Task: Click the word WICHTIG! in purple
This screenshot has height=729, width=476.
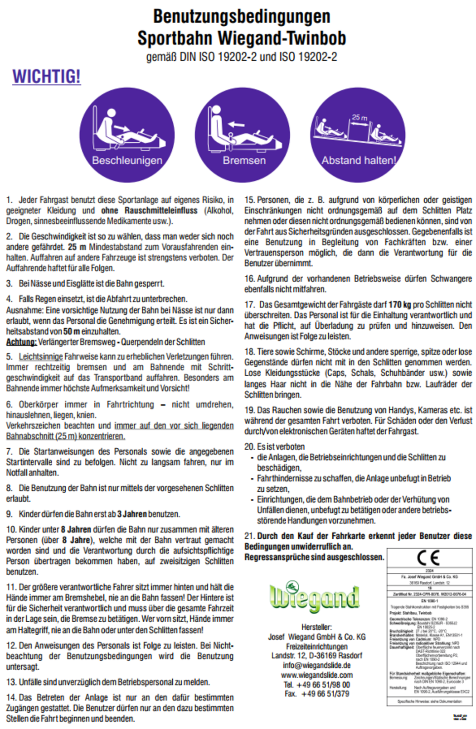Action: tap(46, 77)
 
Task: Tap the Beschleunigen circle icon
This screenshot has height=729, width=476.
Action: tap(127, 135)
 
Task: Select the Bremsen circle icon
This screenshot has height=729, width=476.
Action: tap(243, 135)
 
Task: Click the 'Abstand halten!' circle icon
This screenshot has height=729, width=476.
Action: tap(358, 135)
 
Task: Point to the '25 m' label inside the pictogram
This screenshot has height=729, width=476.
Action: tap(359, 118)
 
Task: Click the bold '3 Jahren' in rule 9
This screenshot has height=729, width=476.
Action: tap(132, 514)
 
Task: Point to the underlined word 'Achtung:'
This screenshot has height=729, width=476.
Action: tap(21, 342)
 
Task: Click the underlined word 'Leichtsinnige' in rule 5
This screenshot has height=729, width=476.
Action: tap(41, 357)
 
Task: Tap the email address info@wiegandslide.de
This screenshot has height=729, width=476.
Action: tap(316, 665)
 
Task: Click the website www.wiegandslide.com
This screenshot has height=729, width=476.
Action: tap(316, 675)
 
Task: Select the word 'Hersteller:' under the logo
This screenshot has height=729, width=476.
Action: tap(316, 627)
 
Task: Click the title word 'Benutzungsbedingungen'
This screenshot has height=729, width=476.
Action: tap(242, 17)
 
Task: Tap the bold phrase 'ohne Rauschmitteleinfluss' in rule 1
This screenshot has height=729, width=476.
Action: tap(149, 211)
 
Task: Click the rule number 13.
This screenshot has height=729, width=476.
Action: tap(11, 682)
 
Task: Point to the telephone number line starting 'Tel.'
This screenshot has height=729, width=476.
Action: tap(316, 685)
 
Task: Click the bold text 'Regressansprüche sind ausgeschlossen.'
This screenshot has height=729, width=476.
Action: tap(314, 557)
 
